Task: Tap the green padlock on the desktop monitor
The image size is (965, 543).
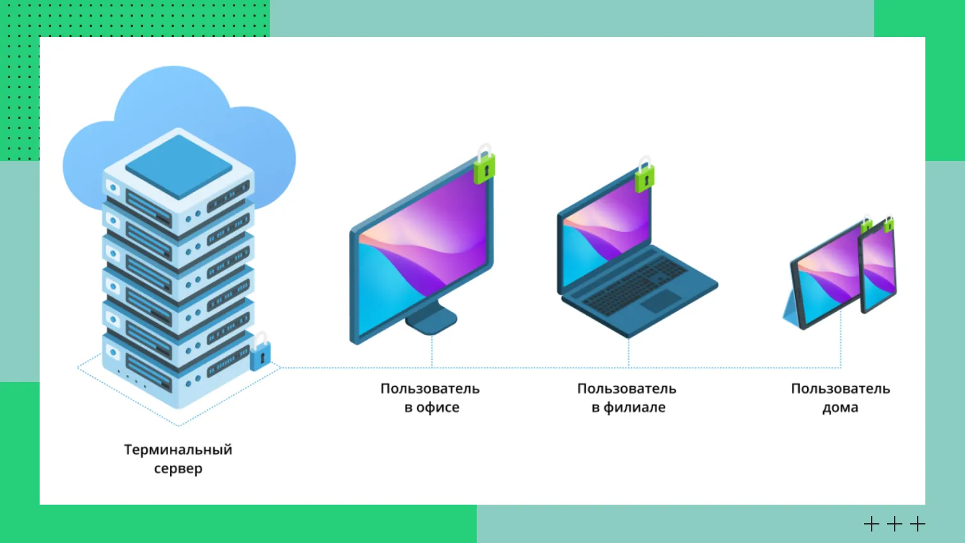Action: tap(484, 168)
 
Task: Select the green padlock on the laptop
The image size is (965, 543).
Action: tap(644, 178)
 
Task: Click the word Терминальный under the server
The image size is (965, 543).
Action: tap(178, 450)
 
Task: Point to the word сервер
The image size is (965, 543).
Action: tap(178, 469)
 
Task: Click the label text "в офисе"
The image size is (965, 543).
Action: tap(431, 408)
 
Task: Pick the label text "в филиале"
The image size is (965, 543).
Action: tap(628, 408)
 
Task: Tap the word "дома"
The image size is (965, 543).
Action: tap(840, 408)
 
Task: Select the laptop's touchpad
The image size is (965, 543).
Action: tap(661, 301)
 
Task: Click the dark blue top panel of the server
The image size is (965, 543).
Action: tap(178, 166)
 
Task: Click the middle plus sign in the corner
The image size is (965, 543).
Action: tap(895, 524)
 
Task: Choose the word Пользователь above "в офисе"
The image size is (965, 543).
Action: tap(429, 388)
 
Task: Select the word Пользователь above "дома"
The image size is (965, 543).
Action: tap(840, 388)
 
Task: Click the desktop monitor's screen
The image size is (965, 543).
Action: tap(422, 249)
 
